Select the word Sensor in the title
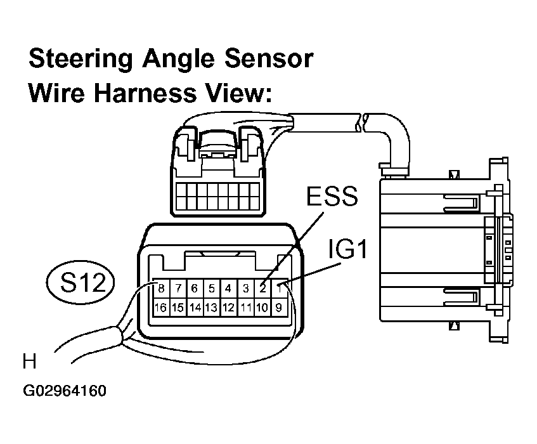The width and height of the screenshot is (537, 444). [x=269, y=58]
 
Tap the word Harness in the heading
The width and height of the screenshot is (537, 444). [x=145, y=93]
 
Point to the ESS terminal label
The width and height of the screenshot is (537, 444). [x=332, y=196]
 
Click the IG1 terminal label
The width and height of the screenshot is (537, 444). [x=347, y=249]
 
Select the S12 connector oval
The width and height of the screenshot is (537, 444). [x=81, y=282]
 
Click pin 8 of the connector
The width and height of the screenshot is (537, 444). [x=161, y=289]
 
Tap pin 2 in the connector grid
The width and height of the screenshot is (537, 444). [x=262, y=289]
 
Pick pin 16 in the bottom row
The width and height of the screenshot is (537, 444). [x=160, y=307]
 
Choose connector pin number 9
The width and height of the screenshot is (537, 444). [x=279, y=307]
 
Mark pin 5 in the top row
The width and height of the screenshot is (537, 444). [x=212, y=289]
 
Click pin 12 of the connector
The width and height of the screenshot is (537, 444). [x=228, y=307]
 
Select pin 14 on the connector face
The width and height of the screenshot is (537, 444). [x=195, y=307]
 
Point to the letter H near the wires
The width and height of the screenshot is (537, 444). [x=29, y=362]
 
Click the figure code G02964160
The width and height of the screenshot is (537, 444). [x=65, y=391]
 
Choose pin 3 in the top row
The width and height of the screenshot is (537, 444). [x=245, y=289]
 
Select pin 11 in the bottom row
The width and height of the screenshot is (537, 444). [x=245, y=307]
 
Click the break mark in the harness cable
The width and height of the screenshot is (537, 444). [x=361, y=122]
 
